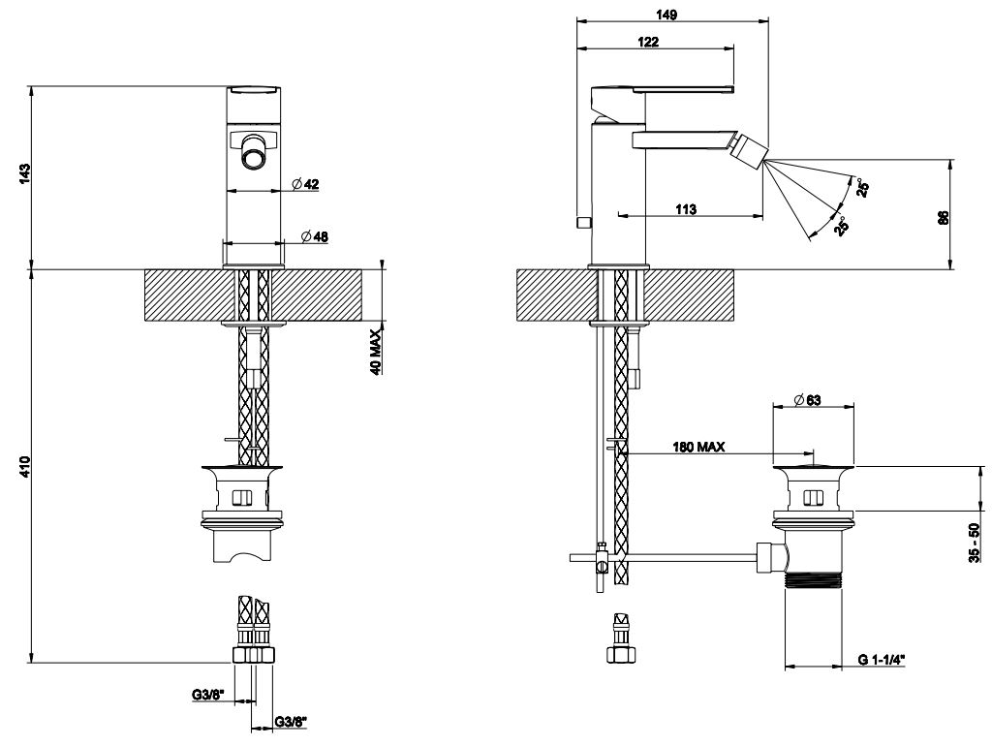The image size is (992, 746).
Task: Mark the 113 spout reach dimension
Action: click(x=686, y=208)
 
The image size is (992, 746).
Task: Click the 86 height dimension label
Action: click(x=943, y=217)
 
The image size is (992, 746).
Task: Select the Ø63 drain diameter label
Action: click(x=808, y=399)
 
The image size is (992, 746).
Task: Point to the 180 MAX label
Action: click(x=698, y=448)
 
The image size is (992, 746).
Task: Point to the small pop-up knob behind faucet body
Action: click(x=581, y=224)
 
